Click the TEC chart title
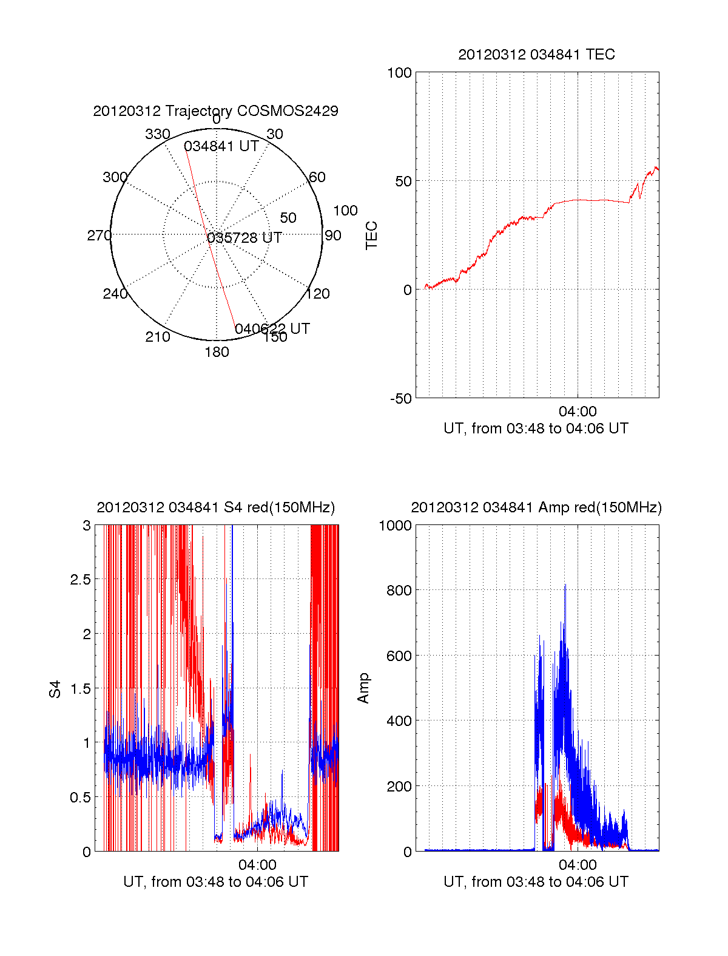point(536,55)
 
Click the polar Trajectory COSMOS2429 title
point(215,111)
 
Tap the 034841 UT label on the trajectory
point(221,146)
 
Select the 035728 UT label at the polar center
point(244,238)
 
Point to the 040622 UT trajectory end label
point(272,329)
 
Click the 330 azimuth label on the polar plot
point(157,134)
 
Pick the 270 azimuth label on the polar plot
point(99,236)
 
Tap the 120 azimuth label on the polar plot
point(318,294)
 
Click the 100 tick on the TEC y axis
point(399,73)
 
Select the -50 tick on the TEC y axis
point(400,399)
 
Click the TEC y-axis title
point(371,236)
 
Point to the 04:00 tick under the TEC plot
point(578,412)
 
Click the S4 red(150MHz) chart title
point(215,507)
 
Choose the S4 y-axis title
point(55,690)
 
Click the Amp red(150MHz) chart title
point(536,507)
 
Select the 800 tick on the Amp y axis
point(399,590)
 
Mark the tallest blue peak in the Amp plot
point(565,585)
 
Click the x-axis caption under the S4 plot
point(215,882)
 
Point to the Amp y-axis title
point(363,688)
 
